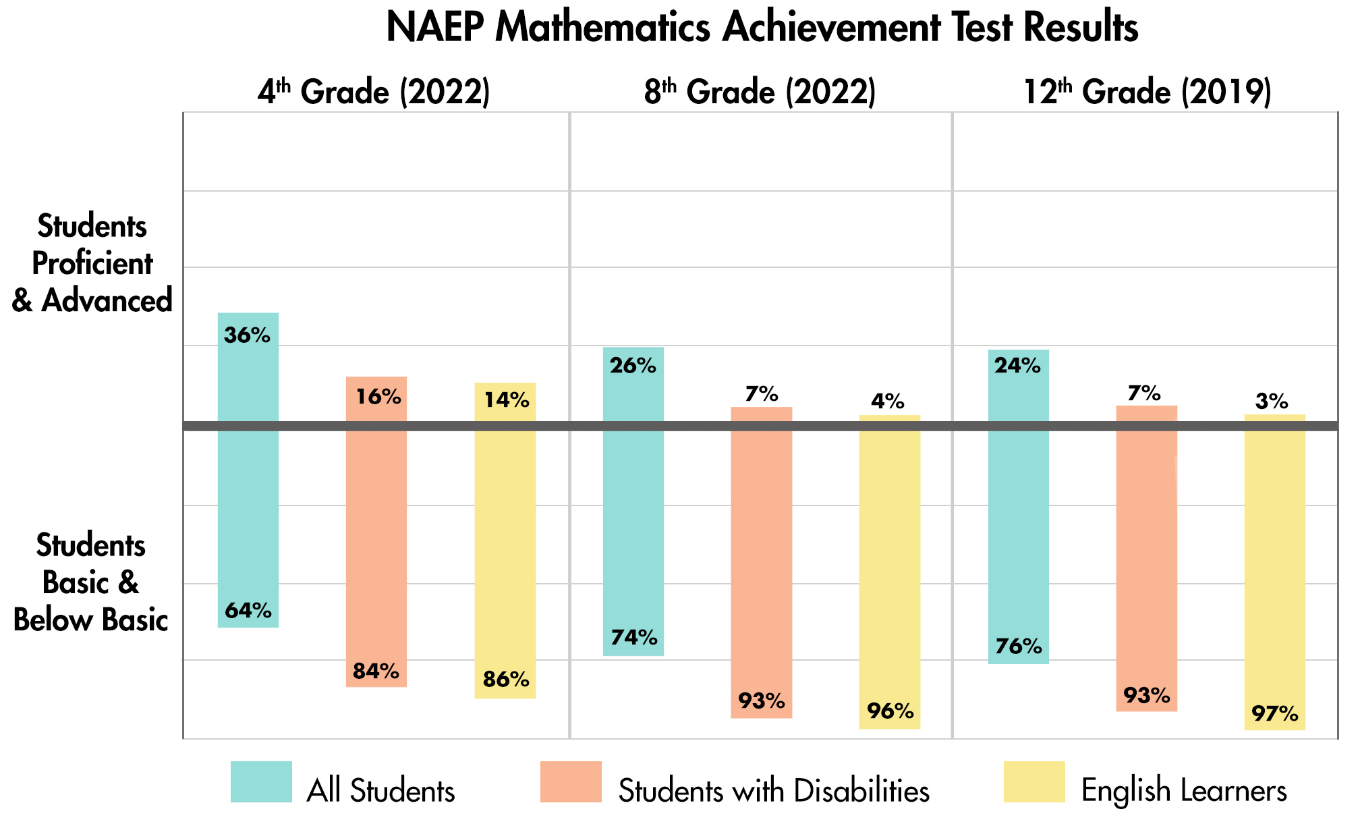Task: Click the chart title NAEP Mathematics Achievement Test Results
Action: tap(762, 28)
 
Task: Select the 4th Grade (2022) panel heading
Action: tap(373, 92)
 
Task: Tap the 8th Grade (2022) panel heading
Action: tap(760, 92)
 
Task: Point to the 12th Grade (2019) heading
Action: tap(1147, 92)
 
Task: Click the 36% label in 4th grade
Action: tap(248, 335)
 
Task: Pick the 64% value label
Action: tap(248, 611)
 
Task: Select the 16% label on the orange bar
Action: tap(378, 397)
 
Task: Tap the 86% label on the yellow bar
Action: tap(506, 680)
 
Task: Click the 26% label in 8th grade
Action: tap(633, 366)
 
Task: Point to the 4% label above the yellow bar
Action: tap(888, 402)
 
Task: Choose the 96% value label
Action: tap(890, 711)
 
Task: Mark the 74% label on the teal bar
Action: tap(633, 637)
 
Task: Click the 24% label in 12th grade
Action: tap(1017, 366)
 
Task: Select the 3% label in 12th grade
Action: tap(1272, 402)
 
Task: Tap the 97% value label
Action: tap(1274, 713)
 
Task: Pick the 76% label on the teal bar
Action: tap(1019, 646)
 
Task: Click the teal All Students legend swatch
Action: tap(261, 782)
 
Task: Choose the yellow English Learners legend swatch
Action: tap(1034, 782)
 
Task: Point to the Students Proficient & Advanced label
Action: tap(92, 264)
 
